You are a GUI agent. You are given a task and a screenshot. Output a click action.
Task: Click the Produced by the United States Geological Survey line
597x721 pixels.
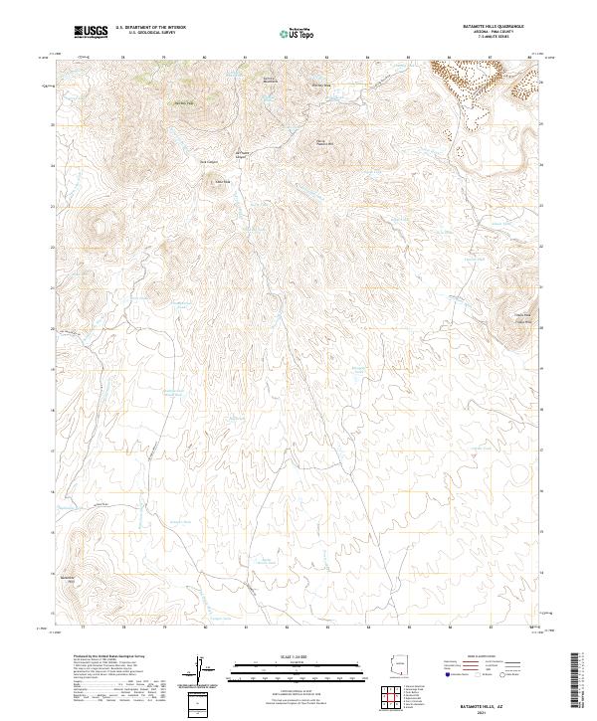pyautogui.click(x=105, y=657)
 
